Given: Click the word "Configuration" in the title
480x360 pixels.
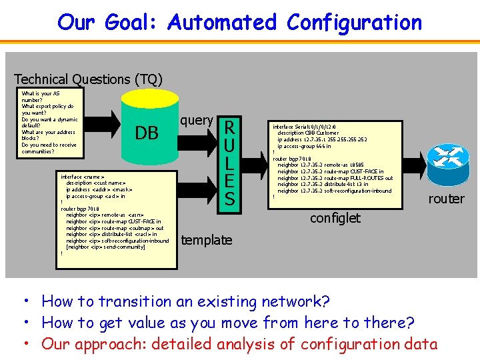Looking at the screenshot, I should pyautogui.click(x=354, y=22).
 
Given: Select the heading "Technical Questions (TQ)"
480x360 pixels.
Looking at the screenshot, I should pyautogui.click(x=88, y=79).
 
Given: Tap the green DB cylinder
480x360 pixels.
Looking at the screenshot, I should pyautogui.click(x=147, y=133).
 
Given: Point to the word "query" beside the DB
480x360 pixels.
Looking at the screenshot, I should pyautogui.click(x=197, y=120).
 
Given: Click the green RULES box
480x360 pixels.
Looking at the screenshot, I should pyautogui.click(x=229, y=162).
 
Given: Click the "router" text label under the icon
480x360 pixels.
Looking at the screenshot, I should pyautogui.click(x=446, y=199).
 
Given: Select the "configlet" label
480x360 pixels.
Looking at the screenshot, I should pyautogui.click(x=335, y=218).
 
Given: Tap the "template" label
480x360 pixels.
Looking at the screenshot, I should pyautogui.click(x=207, y=240).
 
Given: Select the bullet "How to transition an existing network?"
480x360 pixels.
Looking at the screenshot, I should pyautogui.click(x=185, y=301).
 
